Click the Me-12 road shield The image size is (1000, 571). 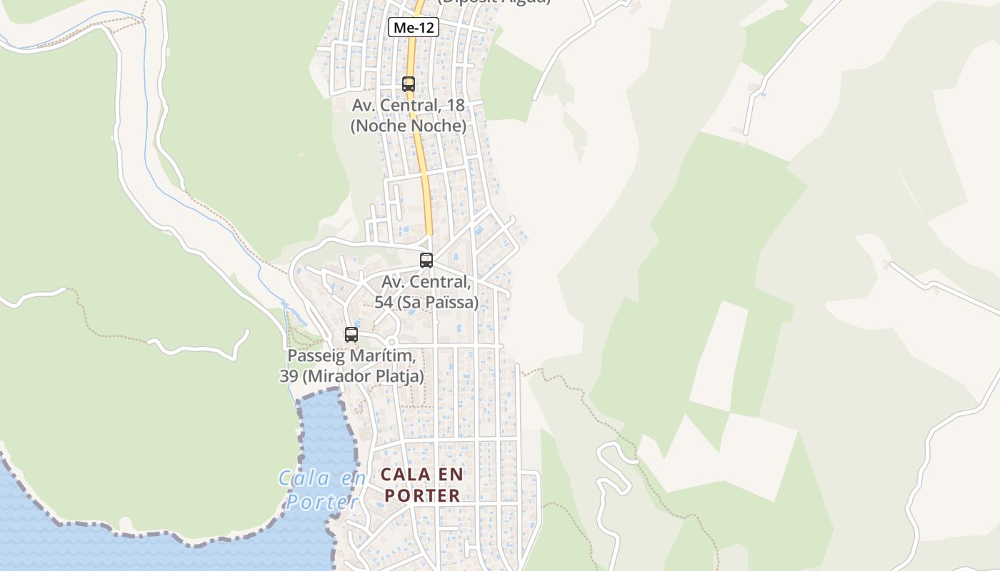tap(413, 28)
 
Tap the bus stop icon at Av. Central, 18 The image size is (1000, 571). tap(408, 84)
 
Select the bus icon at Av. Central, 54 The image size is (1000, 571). tap(426, 261)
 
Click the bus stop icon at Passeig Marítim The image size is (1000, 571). tap(351, 335)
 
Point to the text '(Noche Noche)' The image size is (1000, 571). tap(408, 126)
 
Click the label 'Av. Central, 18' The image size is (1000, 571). tap(408, 106)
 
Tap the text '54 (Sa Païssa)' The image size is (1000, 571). tap(426, 303)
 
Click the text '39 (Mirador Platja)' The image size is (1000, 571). tap(351, 376)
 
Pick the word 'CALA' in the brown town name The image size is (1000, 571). tap(406, 475)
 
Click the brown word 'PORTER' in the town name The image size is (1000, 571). tap(422, 495)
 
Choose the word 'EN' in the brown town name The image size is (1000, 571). tap(451, 475)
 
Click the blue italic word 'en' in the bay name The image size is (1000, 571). tap(352, 477)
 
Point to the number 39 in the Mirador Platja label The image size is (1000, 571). tap(288, 376)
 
